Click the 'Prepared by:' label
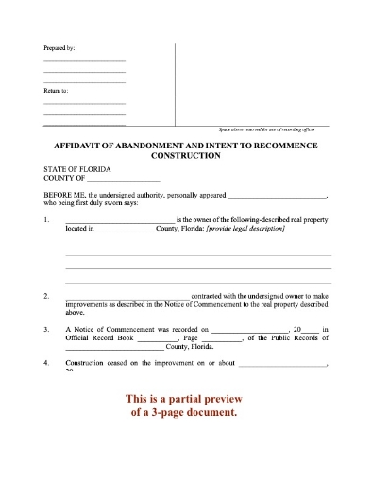coord(59,47)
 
